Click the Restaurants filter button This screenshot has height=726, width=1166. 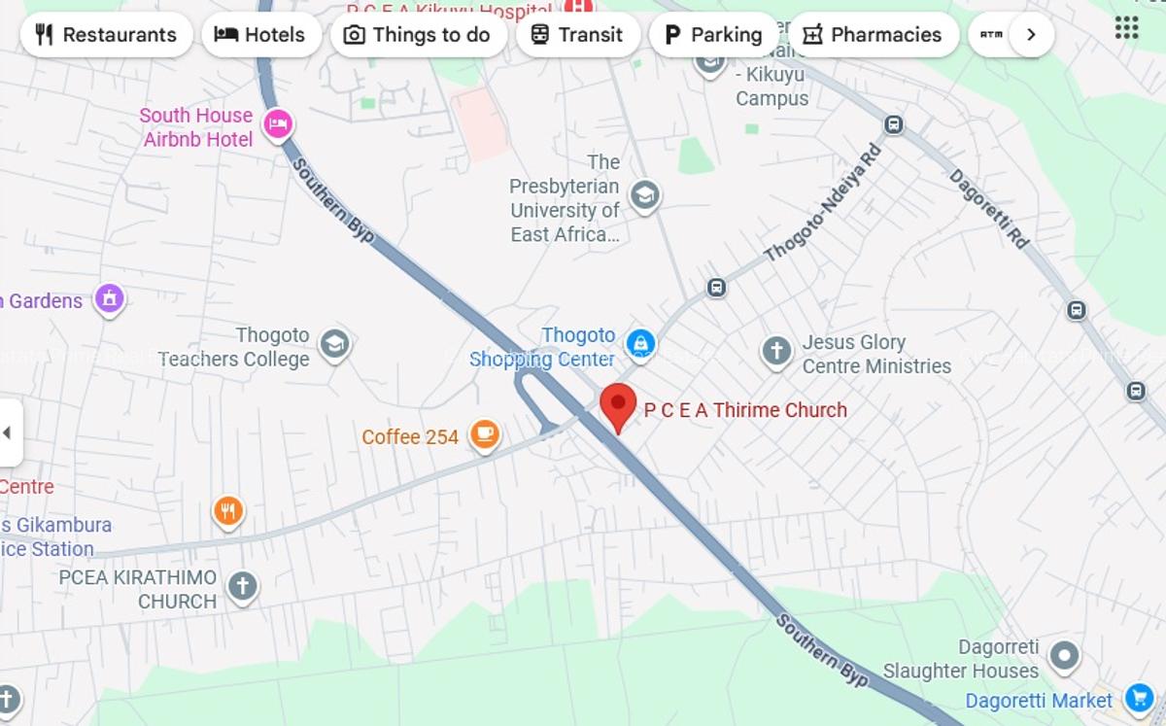coord(106,35)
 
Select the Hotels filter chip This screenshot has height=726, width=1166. coord(260,35)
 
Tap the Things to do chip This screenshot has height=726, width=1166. coord(418,35)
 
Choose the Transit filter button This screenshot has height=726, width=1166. coord(577,35)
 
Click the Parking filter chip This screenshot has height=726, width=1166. coord(713,35)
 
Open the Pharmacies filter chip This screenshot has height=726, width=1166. coord(873,35)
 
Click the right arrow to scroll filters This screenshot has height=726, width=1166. coord(1031,35)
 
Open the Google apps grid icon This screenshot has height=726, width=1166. coord(1126,27)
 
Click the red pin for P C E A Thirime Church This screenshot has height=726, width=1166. coord(617,406)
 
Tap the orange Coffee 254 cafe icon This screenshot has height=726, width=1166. coord(485,435)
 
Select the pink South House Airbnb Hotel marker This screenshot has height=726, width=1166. coord(279,124)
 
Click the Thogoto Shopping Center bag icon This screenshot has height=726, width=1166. coord(640,342)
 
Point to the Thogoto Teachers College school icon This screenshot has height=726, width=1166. coord(334,344)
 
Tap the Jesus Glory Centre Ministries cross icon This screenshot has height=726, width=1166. coord(776,351)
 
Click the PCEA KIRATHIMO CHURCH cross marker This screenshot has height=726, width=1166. coord(242,586)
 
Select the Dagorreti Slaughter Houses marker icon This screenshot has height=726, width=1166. coord(1064,656)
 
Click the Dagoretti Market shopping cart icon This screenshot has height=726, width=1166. coord(1138,698)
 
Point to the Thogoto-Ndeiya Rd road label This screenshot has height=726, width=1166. coord(823,203)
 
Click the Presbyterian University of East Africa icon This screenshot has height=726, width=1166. coord(644,196)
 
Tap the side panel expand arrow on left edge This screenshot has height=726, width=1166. coord(9,432)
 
